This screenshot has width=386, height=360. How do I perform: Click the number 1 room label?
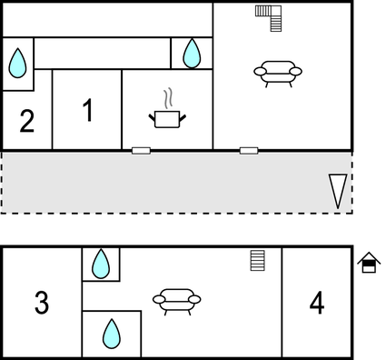(88, 110)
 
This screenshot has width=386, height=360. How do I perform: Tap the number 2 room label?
(27, 121)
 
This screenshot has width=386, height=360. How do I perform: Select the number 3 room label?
(42, 302)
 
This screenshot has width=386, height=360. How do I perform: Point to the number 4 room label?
(317, 303)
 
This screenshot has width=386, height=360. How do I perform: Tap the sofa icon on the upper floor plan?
(278, 74)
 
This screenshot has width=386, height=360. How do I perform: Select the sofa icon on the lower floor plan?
(177, 302)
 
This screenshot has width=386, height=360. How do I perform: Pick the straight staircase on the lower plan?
(258, 260)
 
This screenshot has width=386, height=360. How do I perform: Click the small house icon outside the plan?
(369, 263)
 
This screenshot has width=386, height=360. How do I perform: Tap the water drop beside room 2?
(17, 63)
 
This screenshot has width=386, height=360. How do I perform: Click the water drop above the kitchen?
(192, 54)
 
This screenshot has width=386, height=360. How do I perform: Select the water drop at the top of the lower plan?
(101, 264)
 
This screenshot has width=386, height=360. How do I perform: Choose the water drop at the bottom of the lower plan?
(112, 334)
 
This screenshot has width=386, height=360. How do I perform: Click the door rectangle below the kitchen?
(141, 151)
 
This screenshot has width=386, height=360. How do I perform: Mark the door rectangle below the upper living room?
(249, 151)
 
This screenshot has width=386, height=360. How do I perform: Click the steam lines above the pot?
(168, 98)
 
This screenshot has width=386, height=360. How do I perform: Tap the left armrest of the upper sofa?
(260, 72)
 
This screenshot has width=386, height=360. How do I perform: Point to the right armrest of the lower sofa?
(194, 299)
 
